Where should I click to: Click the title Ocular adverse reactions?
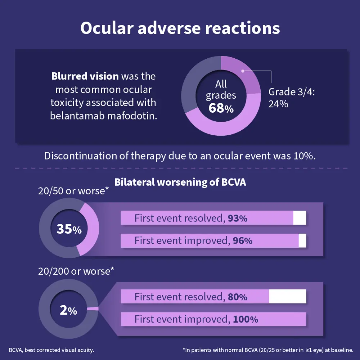pyautogui.click(x=180, y=28)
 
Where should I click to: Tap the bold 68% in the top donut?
pyautogui.click(x=221, y=108)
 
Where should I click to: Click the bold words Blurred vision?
pyautogui.click(x=85, y=76)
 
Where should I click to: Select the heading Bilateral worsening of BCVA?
pyautogui.click(x=180, y=182)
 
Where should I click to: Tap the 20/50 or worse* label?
pyautogui.click(x=73, y=191)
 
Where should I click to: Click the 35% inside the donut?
pyautogui.click(x=69, y=229)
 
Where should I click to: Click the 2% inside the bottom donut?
pyautogui.click(x=68, y=310)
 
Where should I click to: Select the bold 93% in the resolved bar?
pyautogui.click(x=238, y=218)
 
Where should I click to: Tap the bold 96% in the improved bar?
pyautogui.click(x=242, y=240)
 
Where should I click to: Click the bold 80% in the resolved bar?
pyautogui.click(x=238, y=297)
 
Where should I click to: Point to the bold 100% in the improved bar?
pyautogui.click(x=245, y=319)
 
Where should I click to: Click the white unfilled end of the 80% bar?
pyautogui.click(x=287, y=296)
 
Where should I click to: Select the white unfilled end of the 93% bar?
pyautogui.click(x=300, y=218)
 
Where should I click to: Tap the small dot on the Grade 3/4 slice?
pyautogui.click(x=243, y=71)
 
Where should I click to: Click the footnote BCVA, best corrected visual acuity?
pyautogui.click(x=51, y=350)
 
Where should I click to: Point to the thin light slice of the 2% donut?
pyautogui.click(x=93, y=309)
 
